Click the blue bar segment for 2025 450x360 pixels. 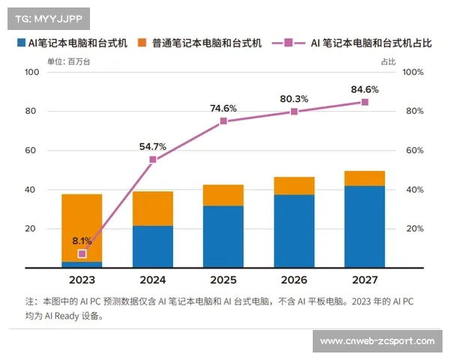point(223,236)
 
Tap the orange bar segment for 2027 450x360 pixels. point(364,178)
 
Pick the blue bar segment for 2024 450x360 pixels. point(152,246)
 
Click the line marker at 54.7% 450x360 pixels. point(152,159)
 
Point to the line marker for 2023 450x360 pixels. point(82,253)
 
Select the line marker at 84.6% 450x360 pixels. point(364,102)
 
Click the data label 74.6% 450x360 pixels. point(223,108)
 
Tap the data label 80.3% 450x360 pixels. point(294,98)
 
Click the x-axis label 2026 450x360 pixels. point(294,280)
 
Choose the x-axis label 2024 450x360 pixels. point(152,280)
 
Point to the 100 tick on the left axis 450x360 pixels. point(31,72)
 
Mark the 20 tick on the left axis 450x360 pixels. point(31,229)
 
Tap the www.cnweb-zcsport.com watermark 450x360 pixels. point(377,341)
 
